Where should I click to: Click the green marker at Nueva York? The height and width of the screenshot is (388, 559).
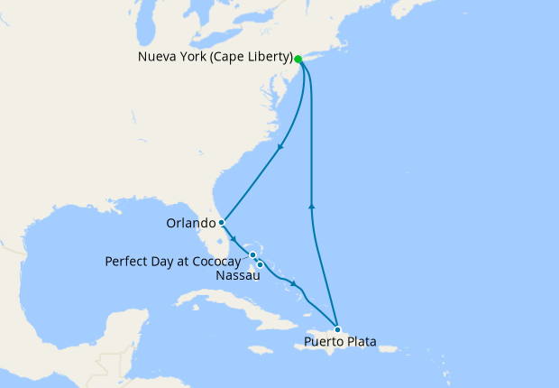tap(298, 60)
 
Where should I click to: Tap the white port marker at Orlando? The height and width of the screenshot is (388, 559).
tap(221, 222)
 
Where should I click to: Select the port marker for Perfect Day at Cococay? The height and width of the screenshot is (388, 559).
tap(253, 255)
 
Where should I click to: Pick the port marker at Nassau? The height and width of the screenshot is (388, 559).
tap(260, 264)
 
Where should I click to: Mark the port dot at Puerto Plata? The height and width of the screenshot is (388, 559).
tap(337, 328)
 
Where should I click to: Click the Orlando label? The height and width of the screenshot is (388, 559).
tap(190, 223)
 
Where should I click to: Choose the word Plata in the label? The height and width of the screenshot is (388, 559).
tap(361, 343)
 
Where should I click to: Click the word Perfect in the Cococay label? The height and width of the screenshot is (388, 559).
tap(127, 262)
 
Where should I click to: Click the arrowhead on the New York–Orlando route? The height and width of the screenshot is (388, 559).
tap(279, 148)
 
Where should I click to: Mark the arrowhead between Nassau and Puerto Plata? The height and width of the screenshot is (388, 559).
tap(294, 286)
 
